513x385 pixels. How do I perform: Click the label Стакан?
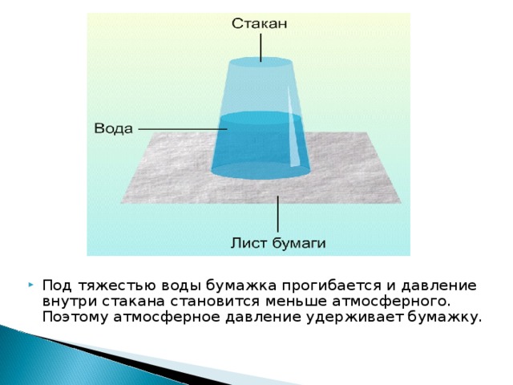pos(260,23)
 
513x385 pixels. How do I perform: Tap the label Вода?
pos(114,128)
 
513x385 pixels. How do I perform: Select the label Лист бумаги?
pos(278,243)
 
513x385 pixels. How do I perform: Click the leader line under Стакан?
pos(261,47)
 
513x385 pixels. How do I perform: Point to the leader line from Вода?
pos(183,129)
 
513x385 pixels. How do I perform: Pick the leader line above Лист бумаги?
pos(278,214)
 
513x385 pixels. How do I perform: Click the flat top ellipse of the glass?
pos(261,62)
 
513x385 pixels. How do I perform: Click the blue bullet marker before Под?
pos(30,285)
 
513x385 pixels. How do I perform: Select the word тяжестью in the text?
pos(118,286)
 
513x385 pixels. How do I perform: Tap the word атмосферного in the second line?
pos(389,302)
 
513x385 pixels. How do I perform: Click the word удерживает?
pos(354,318)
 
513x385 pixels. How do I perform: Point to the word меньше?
pos(296,302)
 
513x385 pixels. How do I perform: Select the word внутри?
pos(70,302)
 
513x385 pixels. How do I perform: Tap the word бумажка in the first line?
pos(241,286)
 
